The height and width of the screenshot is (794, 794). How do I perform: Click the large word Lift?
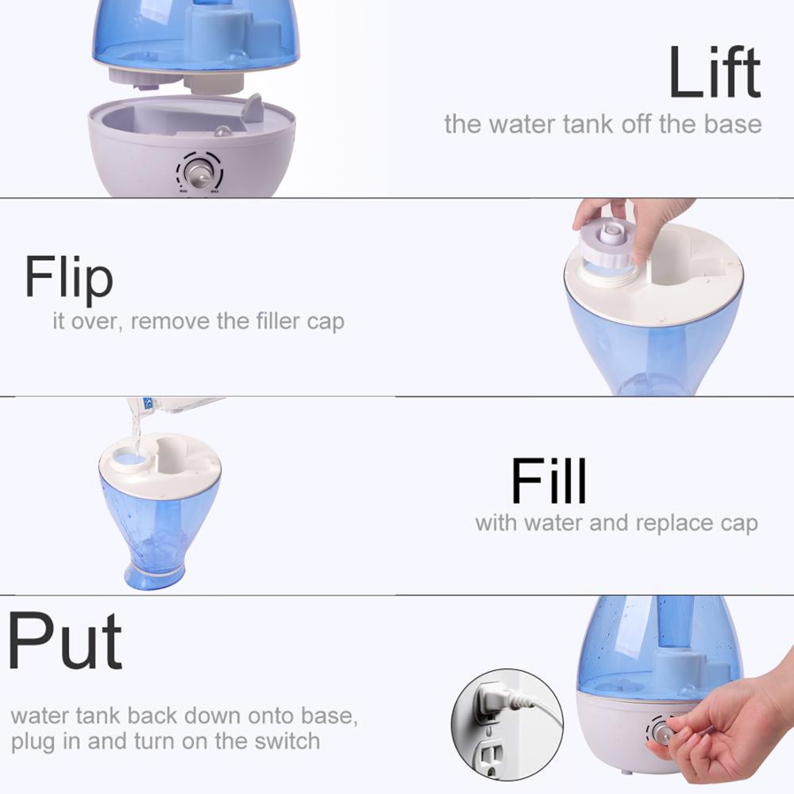[715, 72]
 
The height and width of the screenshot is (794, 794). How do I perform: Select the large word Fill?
[549, 480]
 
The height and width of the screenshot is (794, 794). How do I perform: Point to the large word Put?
[64, 642]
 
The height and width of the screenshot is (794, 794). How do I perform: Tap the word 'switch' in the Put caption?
[287, 741]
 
